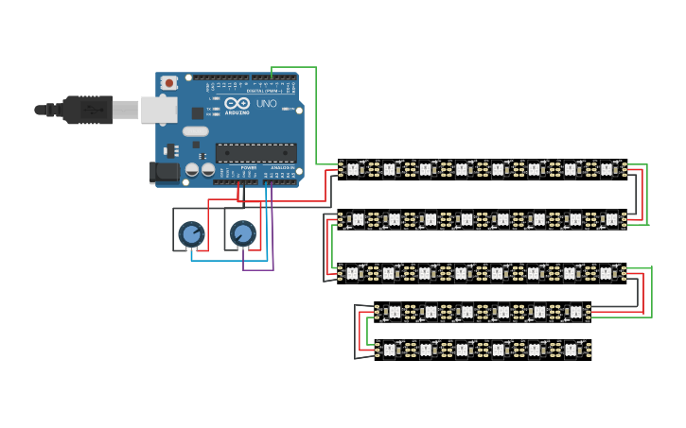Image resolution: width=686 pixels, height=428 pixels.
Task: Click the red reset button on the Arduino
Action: point(169,83)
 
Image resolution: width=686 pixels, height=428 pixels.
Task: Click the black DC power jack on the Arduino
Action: point(164,172)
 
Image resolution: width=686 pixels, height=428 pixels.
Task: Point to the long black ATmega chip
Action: point(255,153)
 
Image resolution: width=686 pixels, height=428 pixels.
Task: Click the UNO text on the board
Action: point(267,103)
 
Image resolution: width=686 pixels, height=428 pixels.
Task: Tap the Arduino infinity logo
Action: point(237,103)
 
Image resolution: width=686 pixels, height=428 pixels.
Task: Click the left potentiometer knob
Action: point(191,232)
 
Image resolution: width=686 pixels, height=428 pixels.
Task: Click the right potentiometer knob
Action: point(242,231)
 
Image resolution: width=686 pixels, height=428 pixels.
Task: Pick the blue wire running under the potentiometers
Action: point(227,260)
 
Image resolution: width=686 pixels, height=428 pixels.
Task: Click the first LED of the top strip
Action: point(352,169)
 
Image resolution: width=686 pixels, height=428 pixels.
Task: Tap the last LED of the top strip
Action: point(607,169)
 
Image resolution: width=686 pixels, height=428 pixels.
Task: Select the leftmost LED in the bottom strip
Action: point(389,350)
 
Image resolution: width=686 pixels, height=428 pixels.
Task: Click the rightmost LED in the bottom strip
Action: point(571,350)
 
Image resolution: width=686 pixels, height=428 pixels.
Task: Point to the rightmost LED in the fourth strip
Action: point(574,311)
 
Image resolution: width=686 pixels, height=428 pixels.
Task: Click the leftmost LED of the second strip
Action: point(358,219)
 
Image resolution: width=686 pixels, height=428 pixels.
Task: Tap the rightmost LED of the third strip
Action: point(607,272)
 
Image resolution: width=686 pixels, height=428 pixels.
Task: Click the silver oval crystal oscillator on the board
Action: point(195,131)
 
